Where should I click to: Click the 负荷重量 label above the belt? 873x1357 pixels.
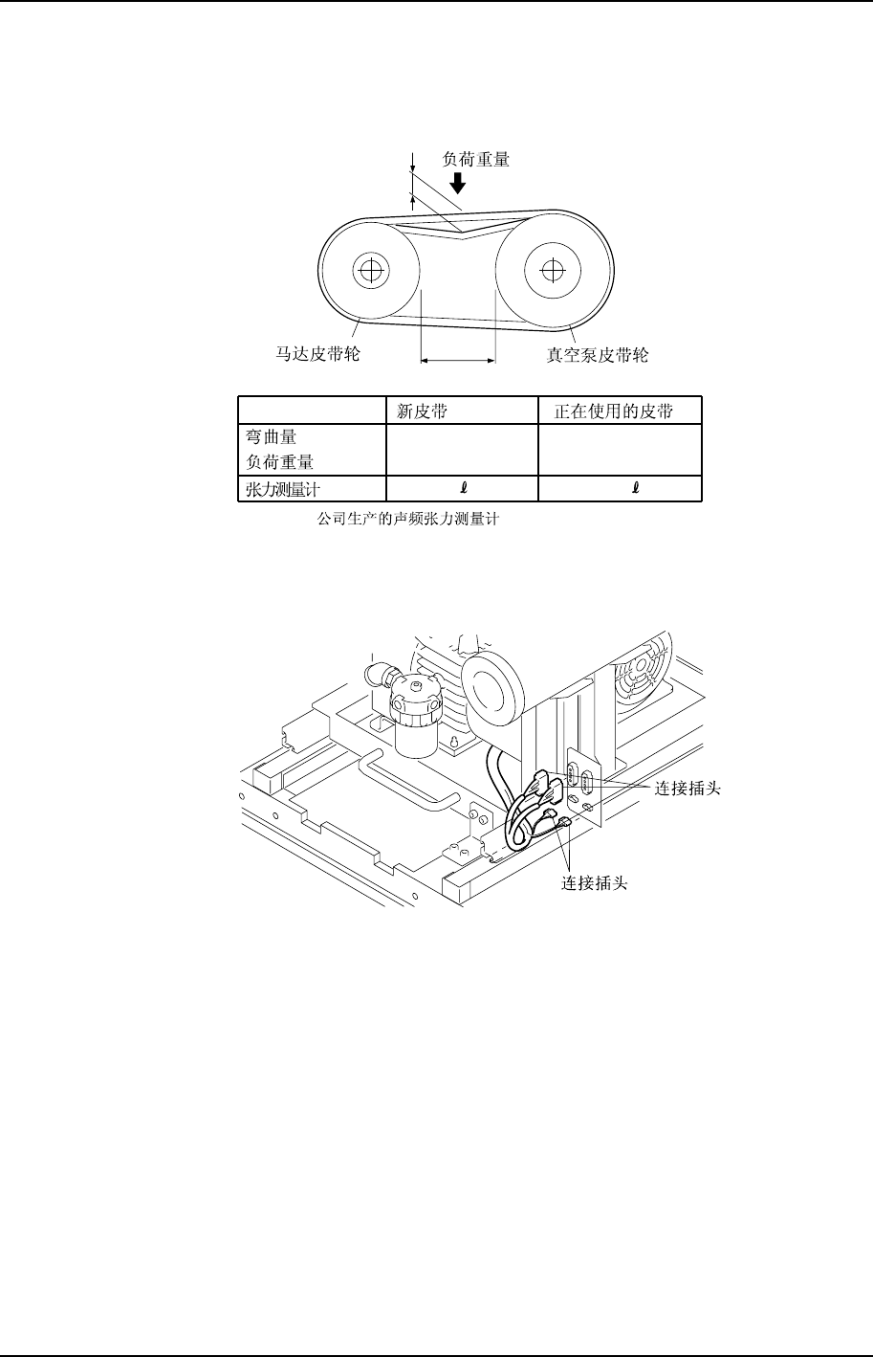tap(475, 160)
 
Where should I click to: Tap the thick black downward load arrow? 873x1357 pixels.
tap(458, 182)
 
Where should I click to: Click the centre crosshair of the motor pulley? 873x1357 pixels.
tap(368, 270)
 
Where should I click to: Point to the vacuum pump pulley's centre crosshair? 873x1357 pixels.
tap(549, 270)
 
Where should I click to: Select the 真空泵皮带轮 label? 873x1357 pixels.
tap(590, 354)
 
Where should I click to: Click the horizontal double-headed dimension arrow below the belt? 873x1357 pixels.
tap(458, 361)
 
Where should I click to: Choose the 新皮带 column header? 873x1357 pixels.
tap(422, 412)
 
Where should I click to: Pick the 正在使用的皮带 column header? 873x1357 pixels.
tap(614, 412)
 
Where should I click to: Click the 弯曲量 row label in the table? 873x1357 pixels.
tap(272, 437)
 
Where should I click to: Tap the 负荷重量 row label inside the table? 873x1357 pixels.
tap(280, 461)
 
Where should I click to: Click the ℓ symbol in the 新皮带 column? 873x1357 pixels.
tap(463, 488)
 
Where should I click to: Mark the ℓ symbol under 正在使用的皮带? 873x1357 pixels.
tap(636, 488)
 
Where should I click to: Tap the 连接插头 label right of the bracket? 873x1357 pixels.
tap(687, 789)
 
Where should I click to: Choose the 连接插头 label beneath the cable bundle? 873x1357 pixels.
tap(594, 883)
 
